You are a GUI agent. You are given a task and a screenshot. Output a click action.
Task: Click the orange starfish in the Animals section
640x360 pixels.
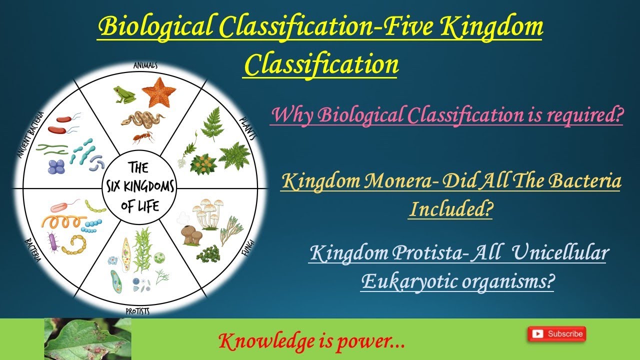[x=158, y=91]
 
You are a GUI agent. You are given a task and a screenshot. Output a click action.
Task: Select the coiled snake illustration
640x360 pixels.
[x=142, y=120]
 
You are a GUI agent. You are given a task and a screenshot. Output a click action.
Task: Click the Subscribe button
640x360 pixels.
[x=556, y=333]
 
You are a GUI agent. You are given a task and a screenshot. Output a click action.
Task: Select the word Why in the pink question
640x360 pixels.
[x=290, y=116]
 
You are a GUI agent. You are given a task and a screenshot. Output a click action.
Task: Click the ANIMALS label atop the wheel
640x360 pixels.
[x=145, y=65]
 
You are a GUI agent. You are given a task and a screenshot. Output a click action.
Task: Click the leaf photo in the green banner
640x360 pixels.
[x=87, y=339]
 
